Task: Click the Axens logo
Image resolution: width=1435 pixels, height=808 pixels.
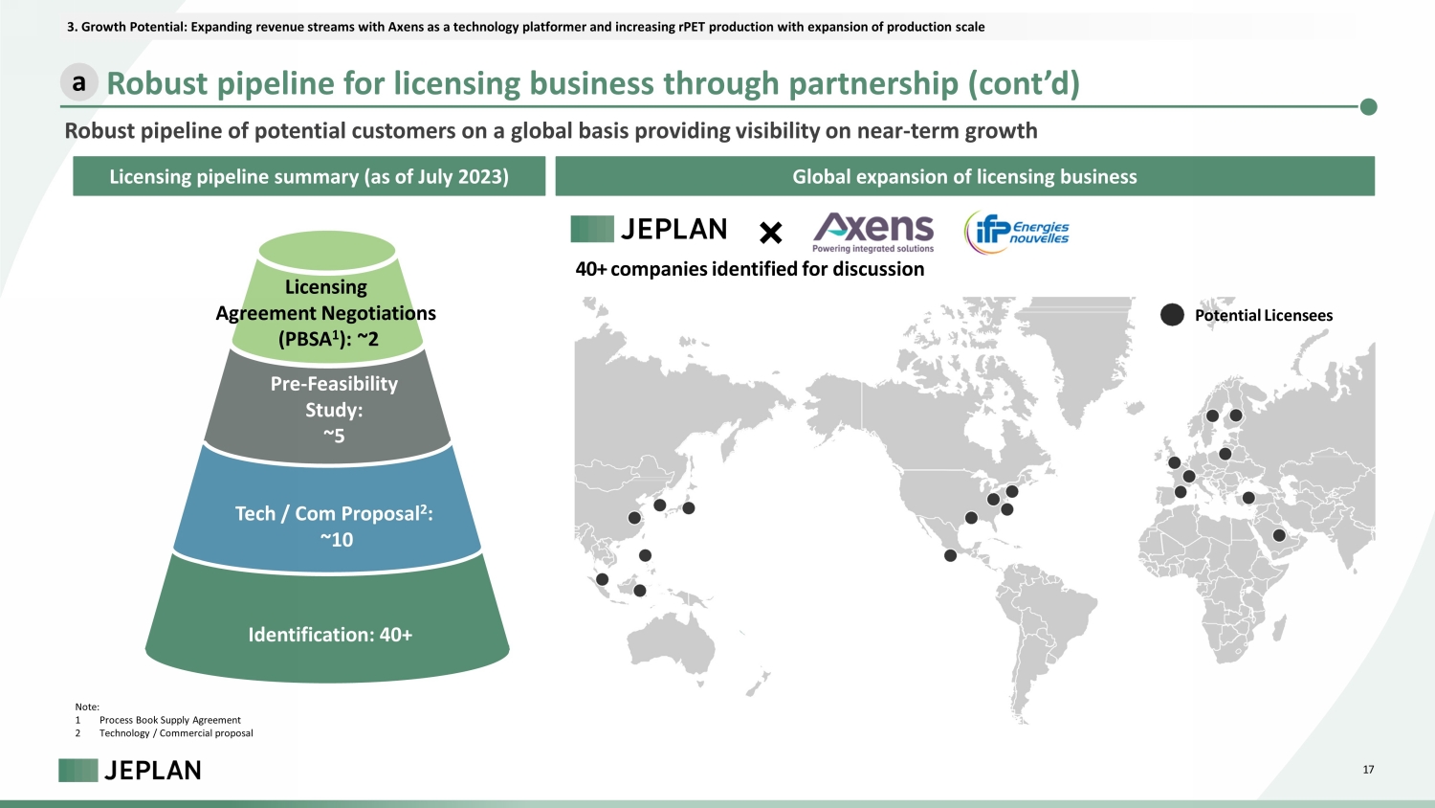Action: pos(873,233)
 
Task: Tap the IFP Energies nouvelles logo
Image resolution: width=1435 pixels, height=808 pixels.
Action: pos(1017,232)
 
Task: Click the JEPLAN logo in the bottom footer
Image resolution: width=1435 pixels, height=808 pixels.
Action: pos(130,770)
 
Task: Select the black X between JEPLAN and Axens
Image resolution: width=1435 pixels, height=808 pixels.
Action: pos(771,233)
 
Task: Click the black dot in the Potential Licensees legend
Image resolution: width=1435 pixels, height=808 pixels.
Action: pos(1172,315)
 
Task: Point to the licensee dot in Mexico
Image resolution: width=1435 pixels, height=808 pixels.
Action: pos(951,555)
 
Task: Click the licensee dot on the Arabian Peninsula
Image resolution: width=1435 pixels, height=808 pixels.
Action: pos(1279,535)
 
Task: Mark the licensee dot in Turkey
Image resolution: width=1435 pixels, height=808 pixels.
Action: pos(1248,498)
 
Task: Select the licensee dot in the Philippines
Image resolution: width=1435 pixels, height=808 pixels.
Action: pos(645,555)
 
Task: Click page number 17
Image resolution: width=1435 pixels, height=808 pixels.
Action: pos(1368,770)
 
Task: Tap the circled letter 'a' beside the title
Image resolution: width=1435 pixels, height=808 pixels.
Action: pos(78,82)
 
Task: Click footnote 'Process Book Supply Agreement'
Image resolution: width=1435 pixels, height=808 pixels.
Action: pos(169,720)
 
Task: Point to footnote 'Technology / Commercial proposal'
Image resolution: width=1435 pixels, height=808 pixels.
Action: pos(176,733)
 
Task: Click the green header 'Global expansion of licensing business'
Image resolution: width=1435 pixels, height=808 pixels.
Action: pos(964,176)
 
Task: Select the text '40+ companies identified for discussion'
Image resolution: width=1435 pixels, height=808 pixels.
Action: pos(749,269)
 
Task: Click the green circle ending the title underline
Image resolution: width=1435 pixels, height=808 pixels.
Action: pos(1368,106)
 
